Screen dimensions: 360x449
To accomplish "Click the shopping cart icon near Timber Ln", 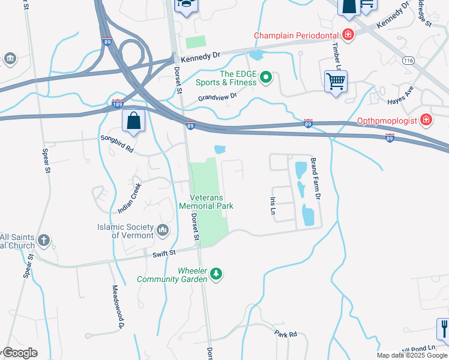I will [x=336, y=81].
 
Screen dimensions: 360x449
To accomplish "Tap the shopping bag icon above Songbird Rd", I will [x=133, y=121].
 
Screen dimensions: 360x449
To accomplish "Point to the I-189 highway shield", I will [x=118, y=103].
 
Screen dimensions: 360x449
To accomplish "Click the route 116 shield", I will [x=409, y=61].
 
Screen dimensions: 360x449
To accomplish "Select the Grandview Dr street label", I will [x=218, y=96].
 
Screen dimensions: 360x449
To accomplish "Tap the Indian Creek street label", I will [x=130, y=199].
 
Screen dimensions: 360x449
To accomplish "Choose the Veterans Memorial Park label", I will [x=206, y=202].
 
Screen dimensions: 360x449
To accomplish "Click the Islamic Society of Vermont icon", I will [x=162, y=230].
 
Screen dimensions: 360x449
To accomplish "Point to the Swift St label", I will [x=163, y=254].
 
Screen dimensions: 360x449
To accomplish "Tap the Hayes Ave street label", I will [x=401, y=92].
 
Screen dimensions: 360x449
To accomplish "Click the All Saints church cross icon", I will [x=43, y=241].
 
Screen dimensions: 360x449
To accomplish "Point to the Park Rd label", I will [x=286, y=332].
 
